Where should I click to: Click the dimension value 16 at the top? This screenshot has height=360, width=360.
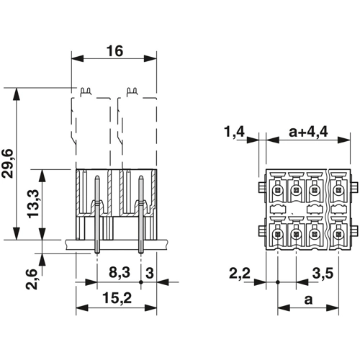(114, 51)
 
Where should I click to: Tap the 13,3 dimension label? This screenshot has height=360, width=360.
(33, 204)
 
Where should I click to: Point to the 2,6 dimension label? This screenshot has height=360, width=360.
(32, 279)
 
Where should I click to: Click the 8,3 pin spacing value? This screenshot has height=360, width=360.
(120, 273)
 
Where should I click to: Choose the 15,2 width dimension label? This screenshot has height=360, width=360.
(117, 298)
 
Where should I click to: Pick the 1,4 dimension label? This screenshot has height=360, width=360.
(235, 132)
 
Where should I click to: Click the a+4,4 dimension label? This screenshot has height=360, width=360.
(308, 132)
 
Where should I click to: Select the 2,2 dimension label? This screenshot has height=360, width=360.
(240, 274)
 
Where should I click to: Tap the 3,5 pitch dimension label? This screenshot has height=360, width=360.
(323, 274)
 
